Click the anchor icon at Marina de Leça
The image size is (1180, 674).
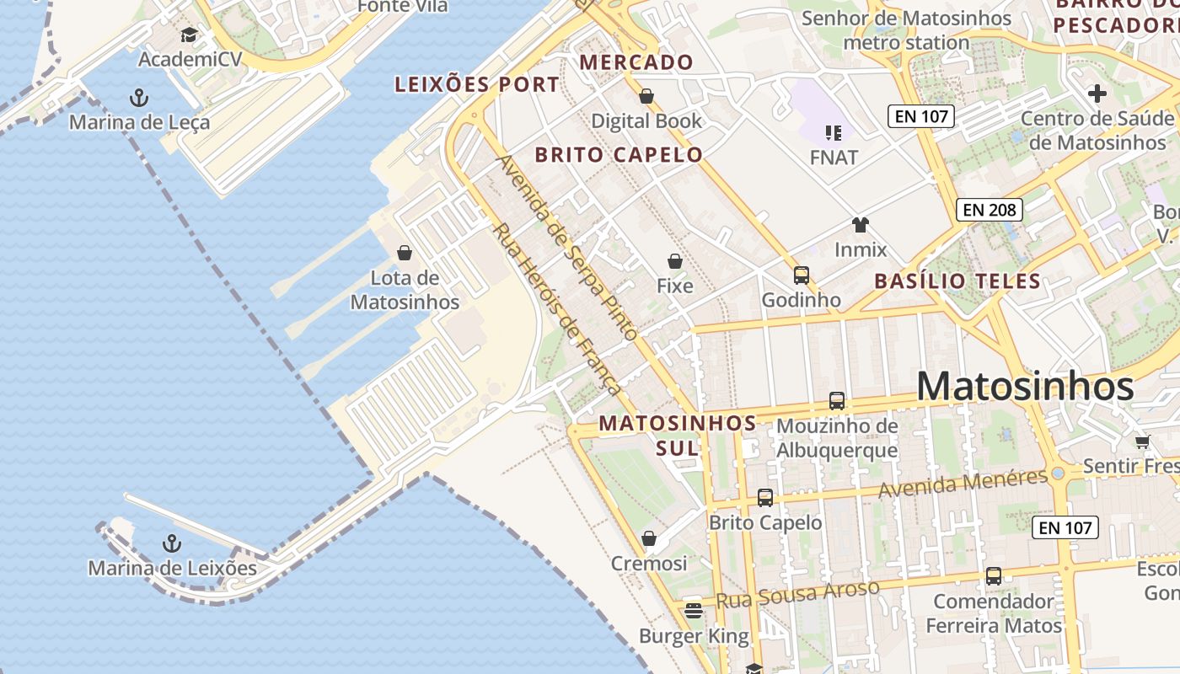(x=139, y=99)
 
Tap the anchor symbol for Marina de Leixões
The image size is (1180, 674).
(x=172, y=543)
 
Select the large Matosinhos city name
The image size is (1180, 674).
(x=1025, y=387)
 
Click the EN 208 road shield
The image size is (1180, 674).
(x=990, y=210)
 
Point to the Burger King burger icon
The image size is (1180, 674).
(x=694, y=610)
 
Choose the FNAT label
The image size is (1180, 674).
(x=834, y=158)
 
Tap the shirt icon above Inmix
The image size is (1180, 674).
(x=860, y=224)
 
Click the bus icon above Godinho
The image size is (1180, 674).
(x=801, y=275)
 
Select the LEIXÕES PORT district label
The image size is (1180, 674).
(x=477, y=84)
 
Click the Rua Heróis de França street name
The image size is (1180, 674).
(x=557, y=309)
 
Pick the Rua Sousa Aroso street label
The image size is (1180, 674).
(x=797, y=593)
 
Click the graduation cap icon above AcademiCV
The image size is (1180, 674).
(x=189, y=35)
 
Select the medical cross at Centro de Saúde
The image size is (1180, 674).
(x=1097, y=94)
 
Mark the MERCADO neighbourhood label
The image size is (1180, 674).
(x=636, y=62)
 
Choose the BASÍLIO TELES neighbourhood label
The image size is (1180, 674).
(x=957, y=281)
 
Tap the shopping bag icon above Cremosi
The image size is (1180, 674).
(x=649, y=538)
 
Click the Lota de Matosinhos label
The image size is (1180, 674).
(x=405, y=290)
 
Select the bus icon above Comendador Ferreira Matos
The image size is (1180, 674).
(x=994, y=576)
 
